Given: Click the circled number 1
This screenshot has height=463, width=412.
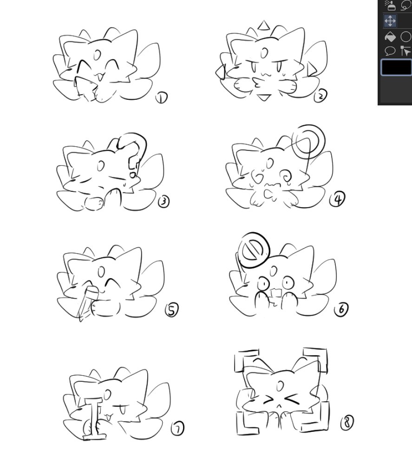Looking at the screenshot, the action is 162,98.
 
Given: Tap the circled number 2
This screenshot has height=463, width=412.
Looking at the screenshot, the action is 320,96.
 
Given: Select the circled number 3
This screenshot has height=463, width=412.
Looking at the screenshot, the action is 164,202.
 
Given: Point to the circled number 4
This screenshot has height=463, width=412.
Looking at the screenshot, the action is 337,199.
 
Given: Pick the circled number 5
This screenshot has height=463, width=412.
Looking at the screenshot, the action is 172,310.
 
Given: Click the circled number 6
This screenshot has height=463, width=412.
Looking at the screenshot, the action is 341,309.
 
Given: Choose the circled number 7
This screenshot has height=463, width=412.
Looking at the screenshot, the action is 178,428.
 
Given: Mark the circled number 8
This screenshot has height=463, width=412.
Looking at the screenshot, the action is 347,422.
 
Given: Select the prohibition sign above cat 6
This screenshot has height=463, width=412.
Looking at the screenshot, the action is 254,250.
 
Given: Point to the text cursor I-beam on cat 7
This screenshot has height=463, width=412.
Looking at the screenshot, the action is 94,419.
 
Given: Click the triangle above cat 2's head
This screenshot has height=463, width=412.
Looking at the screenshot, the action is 264,26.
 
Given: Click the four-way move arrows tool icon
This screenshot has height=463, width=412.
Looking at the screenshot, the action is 390,21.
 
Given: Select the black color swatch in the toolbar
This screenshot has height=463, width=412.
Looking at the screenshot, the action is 396,67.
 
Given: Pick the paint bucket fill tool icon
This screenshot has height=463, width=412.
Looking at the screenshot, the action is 390,37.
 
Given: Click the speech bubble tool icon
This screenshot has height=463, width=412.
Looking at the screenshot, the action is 390,51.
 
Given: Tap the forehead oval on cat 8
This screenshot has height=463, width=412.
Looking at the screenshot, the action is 280,385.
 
